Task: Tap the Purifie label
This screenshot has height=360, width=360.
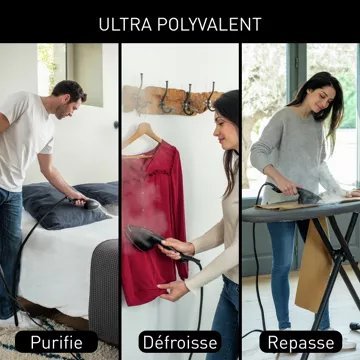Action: [56, 342]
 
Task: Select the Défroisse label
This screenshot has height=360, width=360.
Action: [180, 342]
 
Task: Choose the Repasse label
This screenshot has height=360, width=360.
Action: [301, 342]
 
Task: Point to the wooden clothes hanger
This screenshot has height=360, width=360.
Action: [142, 137]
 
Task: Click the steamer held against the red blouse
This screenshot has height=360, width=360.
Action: [147, 239]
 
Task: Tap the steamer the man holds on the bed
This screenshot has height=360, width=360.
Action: [87, 203]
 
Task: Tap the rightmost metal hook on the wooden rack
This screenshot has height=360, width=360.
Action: [211, 97]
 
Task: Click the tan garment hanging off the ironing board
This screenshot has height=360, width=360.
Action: [313, 263]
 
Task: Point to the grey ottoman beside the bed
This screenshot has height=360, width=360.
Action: [103, 287]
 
